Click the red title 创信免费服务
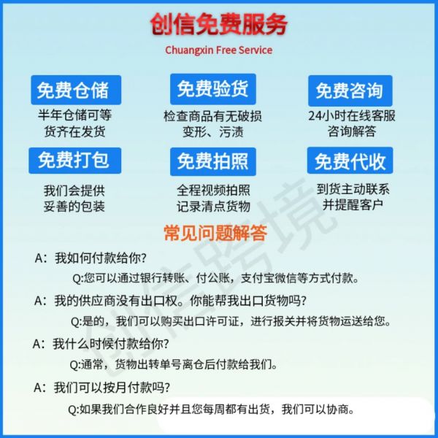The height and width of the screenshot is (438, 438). point(219,25)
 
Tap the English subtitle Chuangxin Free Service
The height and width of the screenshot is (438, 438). point(219,50)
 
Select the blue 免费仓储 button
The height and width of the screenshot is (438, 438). point(76,90)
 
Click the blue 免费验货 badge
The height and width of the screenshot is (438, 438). point(213,89)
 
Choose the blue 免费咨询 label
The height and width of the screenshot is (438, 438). point(350,91)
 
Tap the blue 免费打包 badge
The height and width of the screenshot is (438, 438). point(75,161)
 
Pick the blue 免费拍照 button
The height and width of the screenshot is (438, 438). point(213,161)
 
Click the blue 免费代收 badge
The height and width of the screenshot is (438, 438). point(350,161)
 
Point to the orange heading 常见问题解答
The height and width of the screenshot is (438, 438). point(215,233)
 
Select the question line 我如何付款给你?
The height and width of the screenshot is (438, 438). point(100,258)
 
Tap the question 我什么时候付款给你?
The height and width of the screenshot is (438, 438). point(111,344)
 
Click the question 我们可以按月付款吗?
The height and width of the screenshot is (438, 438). point(112,388)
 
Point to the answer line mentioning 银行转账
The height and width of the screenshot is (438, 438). point(215,278)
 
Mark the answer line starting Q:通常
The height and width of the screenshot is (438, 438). point(173,364)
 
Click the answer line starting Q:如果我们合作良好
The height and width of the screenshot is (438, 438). point(211,410)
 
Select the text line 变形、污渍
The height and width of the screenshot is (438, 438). point(213,132)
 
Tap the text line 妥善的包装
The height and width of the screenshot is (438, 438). point(74,207)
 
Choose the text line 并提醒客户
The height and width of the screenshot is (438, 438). point(353,204)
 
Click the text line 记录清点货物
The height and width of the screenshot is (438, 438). point(213,207)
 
